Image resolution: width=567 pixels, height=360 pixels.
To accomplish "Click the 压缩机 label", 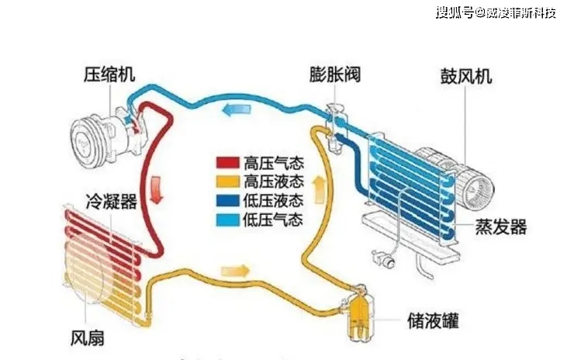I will pyautogui.click(x=109, y=77).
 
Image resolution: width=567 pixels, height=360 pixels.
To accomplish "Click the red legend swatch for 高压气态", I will pyautogui.click(x=227, y=163).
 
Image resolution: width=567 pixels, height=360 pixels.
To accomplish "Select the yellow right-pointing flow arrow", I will pyautogui.click(x=235, y=271).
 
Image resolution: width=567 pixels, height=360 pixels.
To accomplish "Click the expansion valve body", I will pyautogui.click(x=334, y=124).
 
